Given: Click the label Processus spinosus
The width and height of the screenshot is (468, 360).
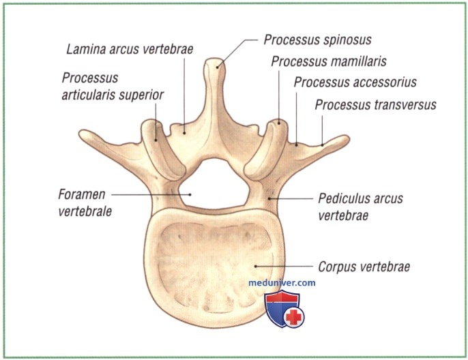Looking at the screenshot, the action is pos(317,40).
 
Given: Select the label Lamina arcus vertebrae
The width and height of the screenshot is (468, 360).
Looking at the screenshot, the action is pos(130,49).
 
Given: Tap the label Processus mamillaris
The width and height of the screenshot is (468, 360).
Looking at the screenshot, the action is pos(329,61).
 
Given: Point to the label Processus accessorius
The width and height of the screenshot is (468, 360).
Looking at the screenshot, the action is pos(355,82).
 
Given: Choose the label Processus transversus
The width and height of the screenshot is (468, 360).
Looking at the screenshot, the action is pos(375,105).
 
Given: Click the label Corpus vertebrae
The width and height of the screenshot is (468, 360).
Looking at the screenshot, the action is pos(364,267).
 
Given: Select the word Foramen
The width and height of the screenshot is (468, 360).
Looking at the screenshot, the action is pos(82,194).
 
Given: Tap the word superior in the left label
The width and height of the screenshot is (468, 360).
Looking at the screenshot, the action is pos(142,95).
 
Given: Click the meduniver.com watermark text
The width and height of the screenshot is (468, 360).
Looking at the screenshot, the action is pos(282,282).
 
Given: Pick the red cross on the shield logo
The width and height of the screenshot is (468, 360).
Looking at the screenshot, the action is pos(293,317).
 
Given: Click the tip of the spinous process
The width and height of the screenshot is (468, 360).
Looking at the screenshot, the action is pos(214,59).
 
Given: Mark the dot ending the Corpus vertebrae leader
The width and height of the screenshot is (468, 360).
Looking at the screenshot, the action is pos(255,267).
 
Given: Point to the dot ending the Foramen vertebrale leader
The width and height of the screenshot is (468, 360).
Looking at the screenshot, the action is pos(190,194).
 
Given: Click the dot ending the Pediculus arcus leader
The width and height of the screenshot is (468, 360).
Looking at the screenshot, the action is pos(269,198).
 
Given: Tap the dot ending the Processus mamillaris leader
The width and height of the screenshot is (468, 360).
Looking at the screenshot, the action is pos(279,123).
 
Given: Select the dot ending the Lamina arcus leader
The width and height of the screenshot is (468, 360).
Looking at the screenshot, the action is pos(184,133).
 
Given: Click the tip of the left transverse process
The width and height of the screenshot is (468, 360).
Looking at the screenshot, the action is pos(81,132).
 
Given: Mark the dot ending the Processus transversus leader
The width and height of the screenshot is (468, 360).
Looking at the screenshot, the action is pos(322,145).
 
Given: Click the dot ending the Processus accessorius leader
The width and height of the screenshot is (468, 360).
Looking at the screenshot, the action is pos(296,145).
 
